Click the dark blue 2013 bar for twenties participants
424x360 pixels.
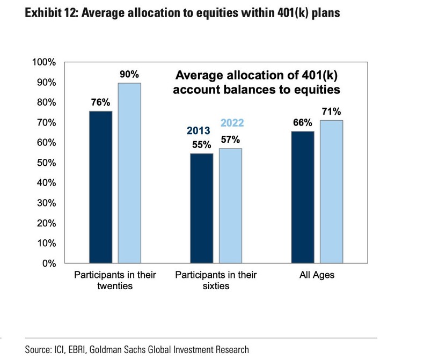pyautogui.click(x=100, y=187)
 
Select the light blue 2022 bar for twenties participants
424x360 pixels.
pyautogui.click(x=130, y=173)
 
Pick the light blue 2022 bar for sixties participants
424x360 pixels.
pyautogui.click(x=231, y=206)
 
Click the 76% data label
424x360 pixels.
pyautogui.click(x=100, y=102)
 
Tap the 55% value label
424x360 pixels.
pyautogui.click(x=202, y=144)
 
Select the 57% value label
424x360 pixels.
pyautogui.click(x=231, y=139)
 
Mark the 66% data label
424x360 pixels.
pyautogui.click(x=303, y=122)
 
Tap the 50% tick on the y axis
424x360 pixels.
pyautogui.click(x=47, y=163)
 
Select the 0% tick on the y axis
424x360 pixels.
pyautogui.click(x=49, y=263)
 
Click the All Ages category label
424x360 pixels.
pyautogui.click(x=317, y=276)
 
